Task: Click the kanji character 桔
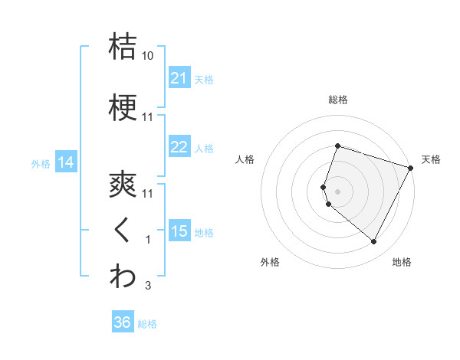pyautogui.click(x=123, y=45)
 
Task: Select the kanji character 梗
pyautogui.click(x=123, y=107)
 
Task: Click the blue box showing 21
pyautogui.click(x=179, y=78)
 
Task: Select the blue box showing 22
pyautogui.click(x=179, y=147)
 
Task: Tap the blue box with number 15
pyautogui.click(x=179, y=231)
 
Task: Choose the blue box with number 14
pyautogui.click(x=65, y=162)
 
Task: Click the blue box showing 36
pyautogui.click(x=123, y=322)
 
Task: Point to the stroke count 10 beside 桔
pyautogui.click(x=148, y=56)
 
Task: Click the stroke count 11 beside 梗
pyautogui.click(x=148, y=117)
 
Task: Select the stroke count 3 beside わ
pyautogui.click(x=148, y=286)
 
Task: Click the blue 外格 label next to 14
pyautogui.click(x=41, y=163)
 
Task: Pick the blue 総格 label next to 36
pyautogui.click(x=147, y=323)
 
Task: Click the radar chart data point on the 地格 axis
pyautogui.click(x=373, y=242)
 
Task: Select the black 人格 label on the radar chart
pyautogui.click(x=245, y=159)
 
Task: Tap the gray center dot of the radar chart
pyautogui.click(x=337, y=191)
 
